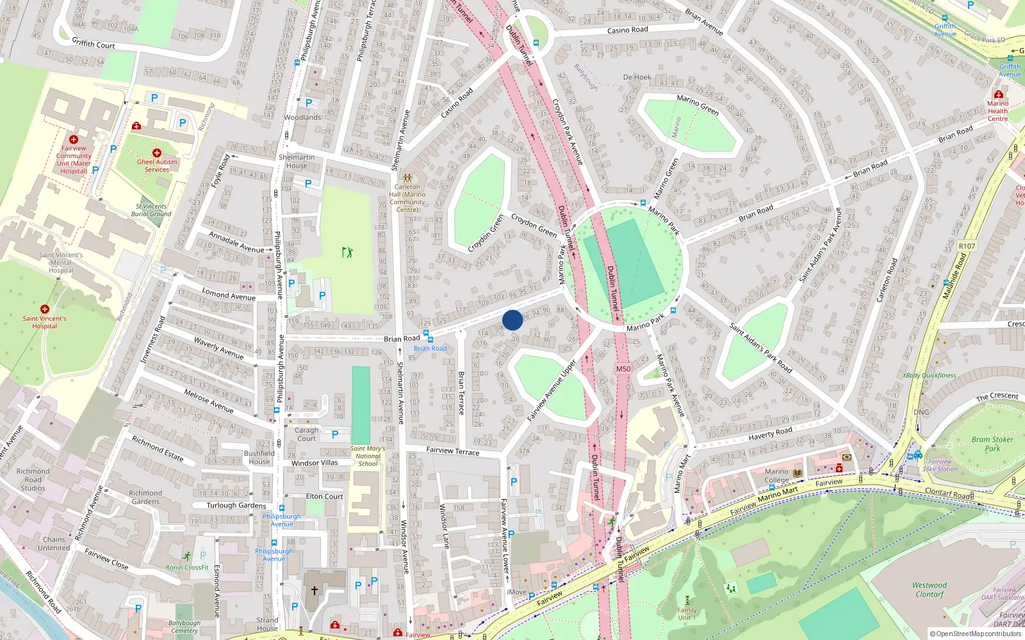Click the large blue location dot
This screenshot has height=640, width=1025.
[x=512, y=320]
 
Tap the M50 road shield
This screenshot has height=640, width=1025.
[x=623, y=369]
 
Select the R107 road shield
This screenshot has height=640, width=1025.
[x=967, y=246]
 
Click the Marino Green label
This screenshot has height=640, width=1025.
[x=698, y=104]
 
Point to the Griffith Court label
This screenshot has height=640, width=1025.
[x=94, y=44]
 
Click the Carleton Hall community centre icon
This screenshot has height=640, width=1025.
[x=407, y=177]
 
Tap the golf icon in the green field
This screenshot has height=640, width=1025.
[x=347, y=252]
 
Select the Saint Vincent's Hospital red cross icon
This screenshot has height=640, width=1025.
[x=45, y=309]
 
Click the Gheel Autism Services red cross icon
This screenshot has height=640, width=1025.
[x=157, y=152]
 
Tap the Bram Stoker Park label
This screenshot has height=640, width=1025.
[x=992, y=444]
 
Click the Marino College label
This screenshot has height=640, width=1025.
[x=776, y=476]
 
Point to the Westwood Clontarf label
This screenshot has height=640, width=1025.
[x=929, y=589]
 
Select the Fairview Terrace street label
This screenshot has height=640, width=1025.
[x=452, y=451]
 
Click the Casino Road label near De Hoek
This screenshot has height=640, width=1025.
[x=627, y=30]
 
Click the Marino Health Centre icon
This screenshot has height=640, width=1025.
[x=998, y=94]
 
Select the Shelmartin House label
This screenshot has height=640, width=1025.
[x=297, y=161]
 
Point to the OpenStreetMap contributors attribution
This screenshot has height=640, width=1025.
[x=975, y=634]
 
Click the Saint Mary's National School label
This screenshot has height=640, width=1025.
[x=368, y=456]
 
